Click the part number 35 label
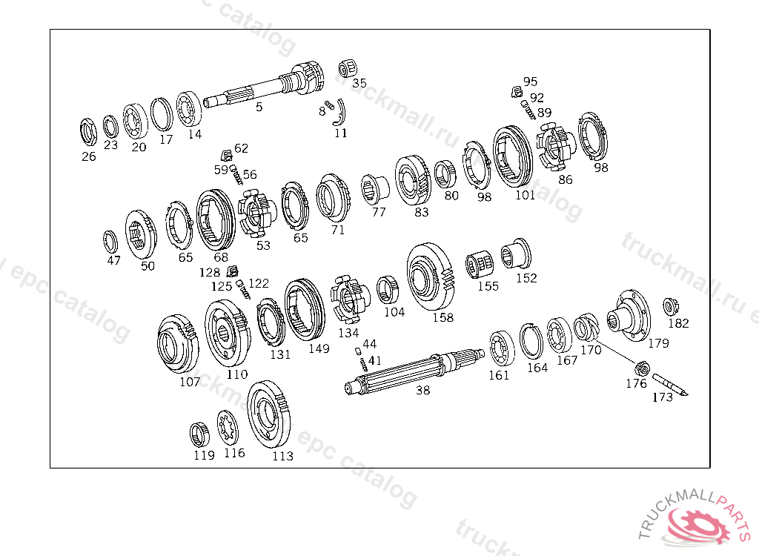tap(359, 83)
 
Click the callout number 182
tap(678, 323)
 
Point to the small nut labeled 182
tap(670, 307)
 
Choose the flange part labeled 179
tap(629, 315)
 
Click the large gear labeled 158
tap(431, 277)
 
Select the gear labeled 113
tap(269, 414)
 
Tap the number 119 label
tap(204, 455)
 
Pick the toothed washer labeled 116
tap(227, 427)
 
